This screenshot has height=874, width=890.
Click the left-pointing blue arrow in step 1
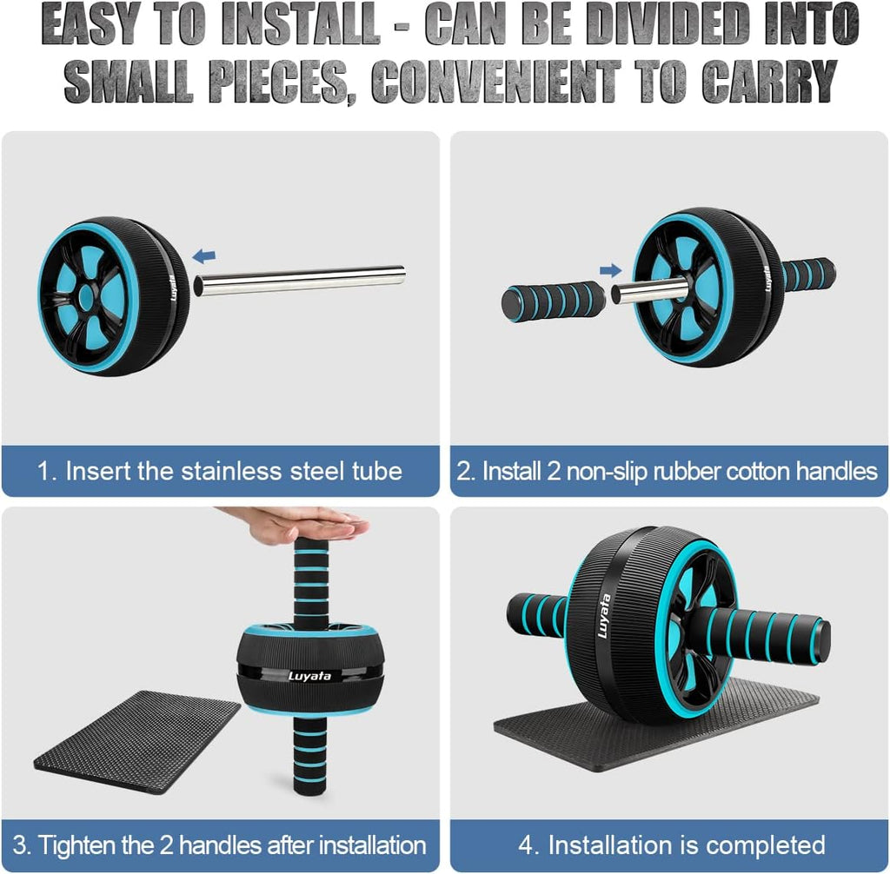click(x=204, y=255)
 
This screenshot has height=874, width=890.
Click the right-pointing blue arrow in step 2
click(x=611, y=269)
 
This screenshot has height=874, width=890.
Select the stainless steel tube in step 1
click(x=299, y=280)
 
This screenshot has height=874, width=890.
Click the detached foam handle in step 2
click(x=553, y=301)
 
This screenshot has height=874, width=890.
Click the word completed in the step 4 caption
click(x=765, y=845)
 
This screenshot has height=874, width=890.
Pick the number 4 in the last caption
click(x=527, y=845)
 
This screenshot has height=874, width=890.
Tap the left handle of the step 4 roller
click(x=537, y=613)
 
